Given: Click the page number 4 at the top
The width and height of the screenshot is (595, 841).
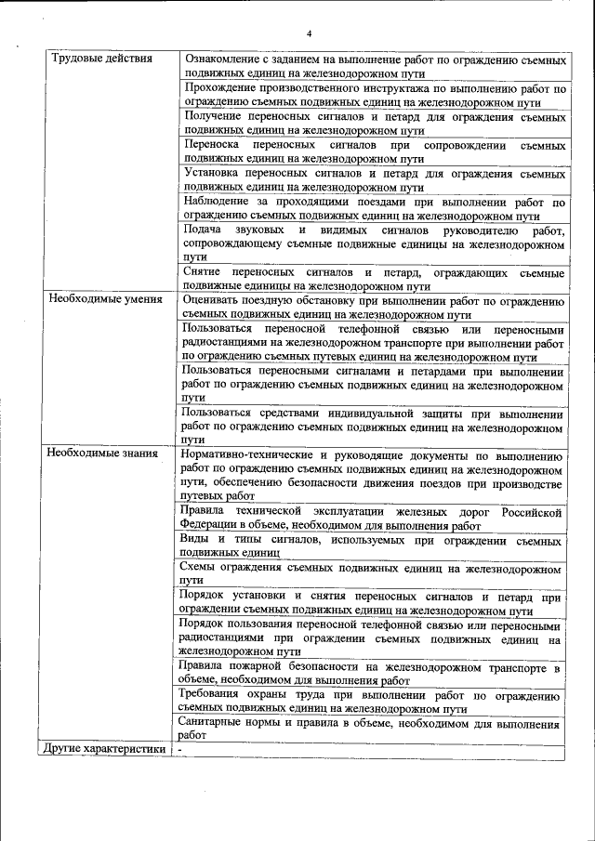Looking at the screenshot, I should [x=309, y=33].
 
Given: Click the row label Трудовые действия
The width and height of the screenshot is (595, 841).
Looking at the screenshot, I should [x=102, y=59].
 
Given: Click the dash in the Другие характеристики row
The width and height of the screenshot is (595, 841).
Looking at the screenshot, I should [x=180, y=749].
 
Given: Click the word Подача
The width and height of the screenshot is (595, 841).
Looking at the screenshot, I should [x=204, y=230].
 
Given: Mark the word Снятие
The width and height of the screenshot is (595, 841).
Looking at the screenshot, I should [x=203, y=272].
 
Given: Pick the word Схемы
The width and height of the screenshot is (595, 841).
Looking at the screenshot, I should [x=200, y=569].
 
